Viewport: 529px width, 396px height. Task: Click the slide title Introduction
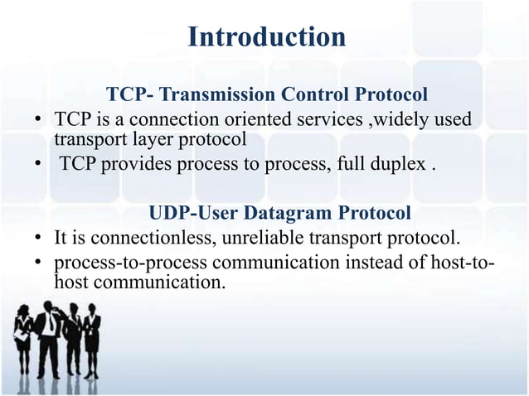click(x=265, y=37)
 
